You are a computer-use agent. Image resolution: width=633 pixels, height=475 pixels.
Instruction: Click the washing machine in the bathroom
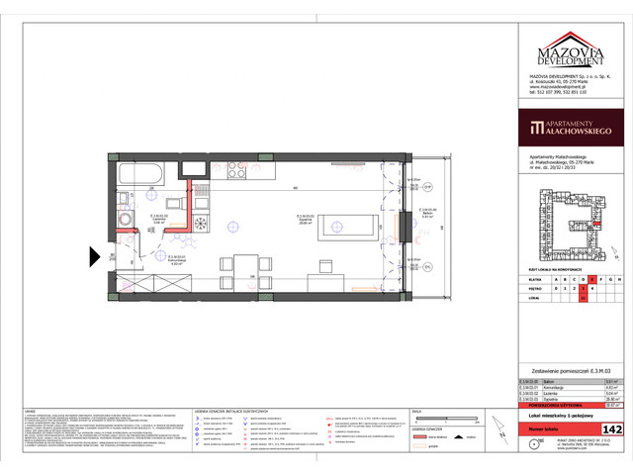[126, 219]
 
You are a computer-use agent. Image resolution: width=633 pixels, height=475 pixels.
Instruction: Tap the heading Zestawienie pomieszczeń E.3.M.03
[566, 369]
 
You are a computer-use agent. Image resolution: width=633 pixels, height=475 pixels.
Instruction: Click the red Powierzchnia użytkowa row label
[547, 404]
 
